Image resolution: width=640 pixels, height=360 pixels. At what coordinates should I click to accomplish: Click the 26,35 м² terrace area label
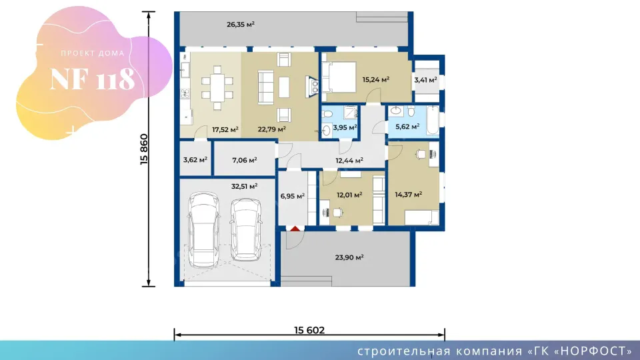coord(241,25)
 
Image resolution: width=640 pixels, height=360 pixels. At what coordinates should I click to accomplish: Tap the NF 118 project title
coord(92,79)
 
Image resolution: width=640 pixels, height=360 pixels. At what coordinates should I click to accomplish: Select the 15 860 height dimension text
coord(144,149)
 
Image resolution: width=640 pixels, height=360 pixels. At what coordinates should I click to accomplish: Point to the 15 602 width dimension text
coord(309,330)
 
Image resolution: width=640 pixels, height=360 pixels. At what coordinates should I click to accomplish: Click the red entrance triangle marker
coord(295,229)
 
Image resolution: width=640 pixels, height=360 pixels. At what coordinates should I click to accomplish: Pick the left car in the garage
coord(203,230)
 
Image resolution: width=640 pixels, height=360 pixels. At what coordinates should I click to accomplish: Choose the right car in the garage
coord(246,229)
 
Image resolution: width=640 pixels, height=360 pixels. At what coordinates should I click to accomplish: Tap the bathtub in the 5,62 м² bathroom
coord(433,120)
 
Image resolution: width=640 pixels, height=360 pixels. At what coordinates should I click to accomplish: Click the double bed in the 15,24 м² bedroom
coord(339,77)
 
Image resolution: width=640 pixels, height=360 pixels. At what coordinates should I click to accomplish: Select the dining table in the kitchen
coord(217,88)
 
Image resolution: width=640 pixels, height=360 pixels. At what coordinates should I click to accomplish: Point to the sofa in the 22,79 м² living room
coord(265,87)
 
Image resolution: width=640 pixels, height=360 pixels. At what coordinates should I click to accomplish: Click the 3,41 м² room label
coord(425,80)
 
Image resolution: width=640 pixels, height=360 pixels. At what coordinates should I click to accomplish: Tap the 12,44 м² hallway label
coord(349,161)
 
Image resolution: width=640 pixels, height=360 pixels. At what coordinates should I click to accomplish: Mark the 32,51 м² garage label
coord(244,187)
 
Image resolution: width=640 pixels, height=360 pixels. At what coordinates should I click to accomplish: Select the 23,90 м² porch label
coord(349,257)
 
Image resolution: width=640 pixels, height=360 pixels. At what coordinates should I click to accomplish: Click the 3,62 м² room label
coord(195,159)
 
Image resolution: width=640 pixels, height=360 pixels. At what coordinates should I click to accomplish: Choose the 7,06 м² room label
coord(245,160)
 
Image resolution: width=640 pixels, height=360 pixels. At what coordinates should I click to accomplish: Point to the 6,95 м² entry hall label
coord(292,196)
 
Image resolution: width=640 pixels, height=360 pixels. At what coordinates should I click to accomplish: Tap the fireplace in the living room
coord(312,87)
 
